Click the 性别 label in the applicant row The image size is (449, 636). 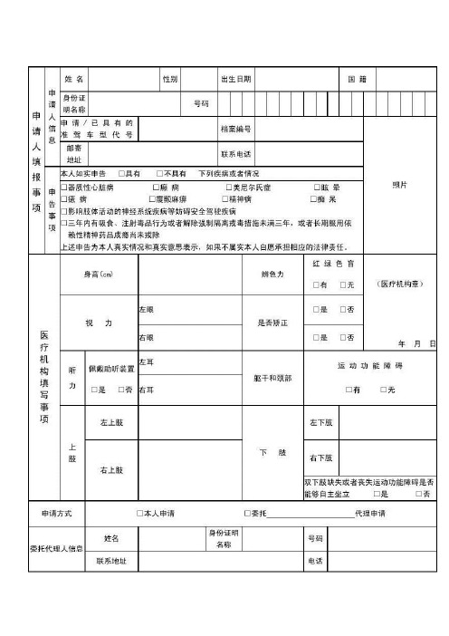169,80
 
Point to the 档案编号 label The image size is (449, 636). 236,130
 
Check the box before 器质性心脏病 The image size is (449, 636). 63,187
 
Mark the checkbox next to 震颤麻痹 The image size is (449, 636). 152,198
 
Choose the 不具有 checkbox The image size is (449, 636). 159,174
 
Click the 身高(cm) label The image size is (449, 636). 98,274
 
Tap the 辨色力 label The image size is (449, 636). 273,274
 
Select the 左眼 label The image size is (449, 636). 146,310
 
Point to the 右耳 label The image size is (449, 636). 146,390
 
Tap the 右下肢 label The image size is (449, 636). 321,458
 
